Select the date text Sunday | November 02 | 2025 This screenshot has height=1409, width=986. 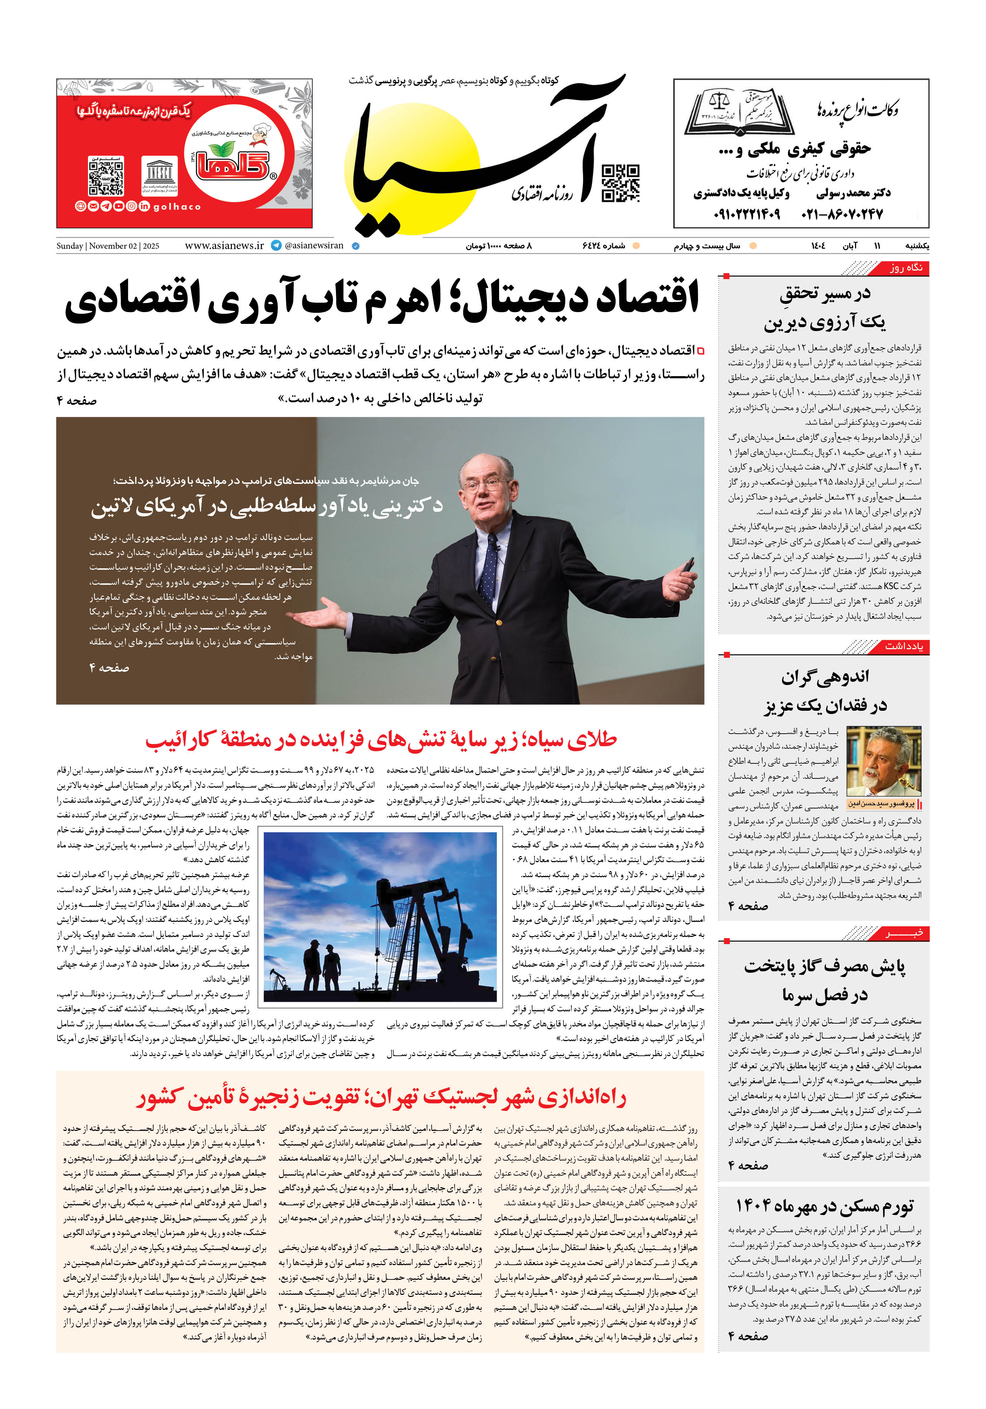point(108,246)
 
